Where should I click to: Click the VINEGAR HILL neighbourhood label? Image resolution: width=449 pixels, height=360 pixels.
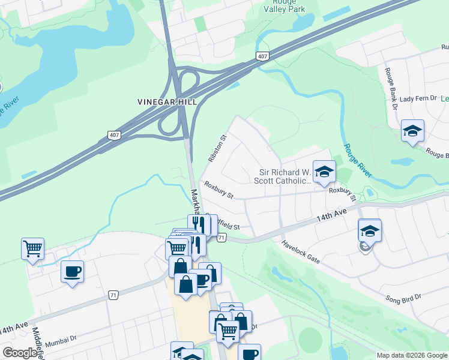pyautogui.click(x=167, y=102)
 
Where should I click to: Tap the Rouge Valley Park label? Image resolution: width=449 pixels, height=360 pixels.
pyautogui.click(x=285, y=5)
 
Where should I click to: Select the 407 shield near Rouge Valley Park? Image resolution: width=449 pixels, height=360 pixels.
pyautogui.click(x=262, y=56)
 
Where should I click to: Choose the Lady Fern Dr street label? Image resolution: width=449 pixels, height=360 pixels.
pyautogui.click(x=418, y=98)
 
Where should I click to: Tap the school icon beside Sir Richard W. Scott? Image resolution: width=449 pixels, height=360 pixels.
pyautogui.click(x=324, y=172)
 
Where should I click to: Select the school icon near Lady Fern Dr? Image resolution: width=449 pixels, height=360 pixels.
pyautogui.click(x=412, y=131)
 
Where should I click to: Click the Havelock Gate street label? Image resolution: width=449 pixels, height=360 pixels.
pyautogui.click(x=301, y=253)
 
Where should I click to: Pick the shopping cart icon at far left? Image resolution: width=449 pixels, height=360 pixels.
pyautogui.click(x=32, y=248)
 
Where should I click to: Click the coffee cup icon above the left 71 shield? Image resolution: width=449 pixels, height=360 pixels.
pyautogui.click(x=72, y=272)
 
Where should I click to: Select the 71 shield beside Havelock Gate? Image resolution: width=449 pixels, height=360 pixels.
pyautogui.click(x=221, y=238)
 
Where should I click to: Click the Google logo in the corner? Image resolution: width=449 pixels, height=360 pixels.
pyautogui.click(x=20, y=353)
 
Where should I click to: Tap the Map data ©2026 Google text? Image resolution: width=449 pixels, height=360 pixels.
pyautogui.click(x=411, y=355)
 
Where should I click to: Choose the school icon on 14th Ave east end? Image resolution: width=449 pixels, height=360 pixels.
pyautogui.click(x=369, y=231)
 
